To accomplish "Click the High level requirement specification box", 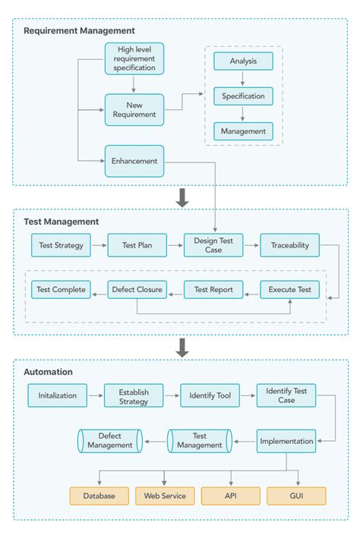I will click(x=134, y=58).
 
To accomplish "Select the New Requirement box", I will click(x=134, y=109).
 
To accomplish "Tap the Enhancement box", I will click(x=134, y=161).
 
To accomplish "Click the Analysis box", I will click(x=243, y=61).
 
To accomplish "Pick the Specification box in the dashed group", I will click(x=243, y=96).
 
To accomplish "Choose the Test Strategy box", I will click(x=61, y=245).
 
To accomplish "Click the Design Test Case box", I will click(x=213, y=245).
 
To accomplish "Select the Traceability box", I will click(x=290, y=245).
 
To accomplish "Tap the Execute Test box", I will click(x=290, y=289).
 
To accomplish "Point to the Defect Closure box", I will click(x=137, y=289).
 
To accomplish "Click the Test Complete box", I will click(x=60, y=289).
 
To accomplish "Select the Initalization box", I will click(x=57, y=395).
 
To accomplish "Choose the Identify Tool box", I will click(x=210, y=395).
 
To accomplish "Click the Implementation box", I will click(x=286, y=441).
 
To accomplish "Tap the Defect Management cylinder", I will click(x=109, y=440).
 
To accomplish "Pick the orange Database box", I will click(x=99, y=496).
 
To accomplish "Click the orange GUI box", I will click(x=296, y=496).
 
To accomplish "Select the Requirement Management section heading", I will click(x=79, y=31).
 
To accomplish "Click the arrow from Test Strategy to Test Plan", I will click(x=98, y=245).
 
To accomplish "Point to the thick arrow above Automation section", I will click(x=182, y=348).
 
